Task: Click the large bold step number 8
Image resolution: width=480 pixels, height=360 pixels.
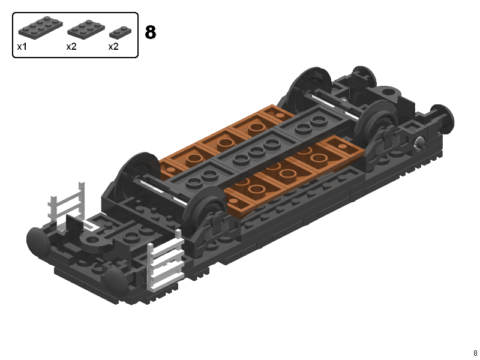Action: point(151,32)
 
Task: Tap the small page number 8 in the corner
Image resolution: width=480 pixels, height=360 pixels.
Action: point(475,353)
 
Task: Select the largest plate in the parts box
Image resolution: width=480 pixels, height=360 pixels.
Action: point(40,27)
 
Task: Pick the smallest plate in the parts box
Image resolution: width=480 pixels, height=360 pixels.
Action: point(121,33)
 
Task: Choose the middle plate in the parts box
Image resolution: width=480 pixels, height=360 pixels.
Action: point(86,29)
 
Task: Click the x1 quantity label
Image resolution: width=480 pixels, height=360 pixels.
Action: point(22,47)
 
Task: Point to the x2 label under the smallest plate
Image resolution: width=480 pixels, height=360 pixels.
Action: point(113,47)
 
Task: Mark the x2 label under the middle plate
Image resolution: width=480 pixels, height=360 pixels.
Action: point(71,47)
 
